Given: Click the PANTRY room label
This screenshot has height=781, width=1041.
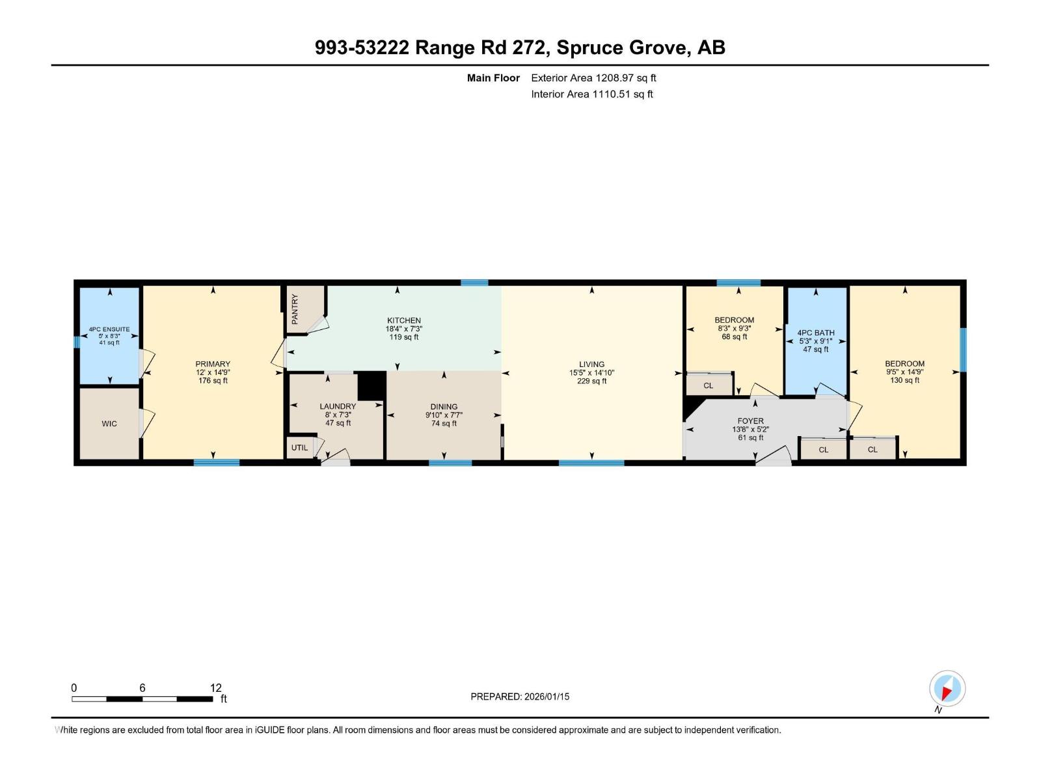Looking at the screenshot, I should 295,309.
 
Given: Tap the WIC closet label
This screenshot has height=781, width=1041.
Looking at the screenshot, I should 109,424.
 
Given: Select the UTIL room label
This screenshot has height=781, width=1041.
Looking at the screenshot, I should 299,448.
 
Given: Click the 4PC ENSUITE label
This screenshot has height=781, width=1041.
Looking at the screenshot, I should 109,329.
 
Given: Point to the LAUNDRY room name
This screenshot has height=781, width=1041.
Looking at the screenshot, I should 338,406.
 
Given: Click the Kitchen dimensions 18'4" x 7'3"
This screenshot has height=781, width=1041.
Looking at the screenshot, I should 403,329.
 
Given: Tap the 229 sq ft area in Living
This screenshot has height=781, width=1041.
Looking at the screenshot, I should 591,381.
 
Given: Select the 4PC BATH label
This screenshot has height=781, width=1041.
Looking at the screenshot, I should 815,333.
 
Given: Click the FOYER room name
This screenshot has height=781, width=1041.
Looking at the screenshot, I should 750,421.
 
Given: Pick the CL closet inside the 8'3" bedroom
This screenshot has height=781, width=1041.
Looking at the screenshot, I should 708,386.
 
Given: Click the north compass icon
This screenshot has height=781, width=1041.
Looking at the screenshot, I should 947,689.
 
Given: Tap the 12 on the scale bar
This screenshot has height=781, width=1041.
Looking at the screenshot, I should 216,688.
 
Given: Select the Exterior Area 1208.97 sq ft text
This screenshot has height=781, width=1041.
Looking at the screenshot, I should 593,78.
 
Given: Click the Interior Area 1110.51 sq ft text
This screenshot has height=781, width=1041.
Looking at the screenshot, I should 591,94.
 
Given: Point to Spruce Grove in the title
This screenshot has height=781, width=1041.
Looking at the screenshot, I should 621,48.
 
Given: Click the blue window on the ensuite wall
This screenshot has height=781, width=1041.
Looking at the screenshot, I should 76,342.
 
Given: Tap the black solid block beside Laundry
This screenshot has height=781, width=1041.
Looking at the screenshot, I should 372,385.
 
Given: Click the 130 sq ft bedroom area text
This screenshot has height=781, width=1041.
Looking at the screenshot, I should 904,381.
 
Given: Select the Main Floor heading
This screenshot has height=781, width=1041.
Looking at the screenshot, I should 493,78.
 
